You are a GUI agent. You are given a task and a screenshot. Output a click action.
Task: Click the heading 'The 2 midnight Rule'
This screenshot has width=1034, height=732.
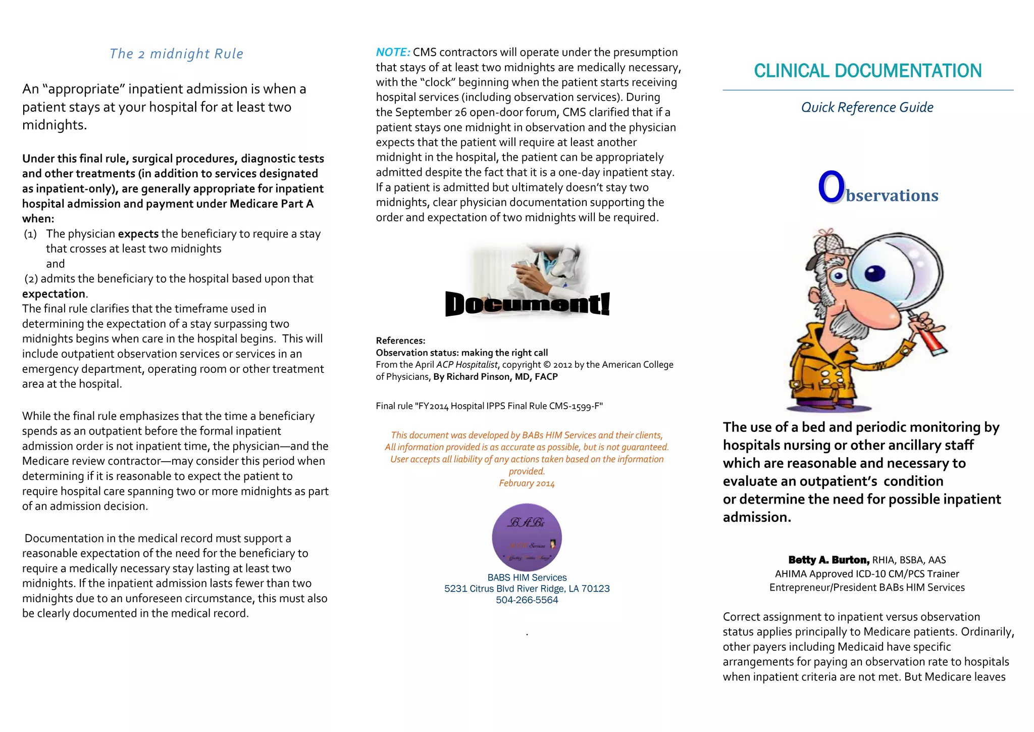tap(176, 54)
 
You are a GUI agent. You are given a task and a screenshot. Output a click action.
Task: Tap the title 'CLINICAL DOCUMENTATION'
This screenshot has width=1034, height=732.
tap(867, 71)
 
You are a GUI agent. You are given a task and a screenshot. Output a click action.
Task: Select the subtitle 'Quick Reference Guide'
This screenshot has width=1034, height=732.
tap(867, 107)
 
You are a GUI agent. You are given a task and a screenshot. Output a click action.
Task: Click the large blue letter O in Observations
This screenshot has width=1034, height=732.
tap(831, 187)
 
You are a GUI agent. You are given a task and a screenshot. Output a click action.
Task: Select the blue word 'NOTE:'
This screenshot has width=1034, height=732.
tap(393, 52)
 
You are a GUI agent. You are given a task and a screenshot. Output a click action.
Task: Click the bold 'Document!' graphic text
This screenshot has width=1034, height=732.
tap(527, 304)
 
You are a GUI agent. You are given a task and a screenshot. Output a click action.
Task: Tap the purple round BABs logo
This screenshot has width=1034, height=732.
tap(527, 538)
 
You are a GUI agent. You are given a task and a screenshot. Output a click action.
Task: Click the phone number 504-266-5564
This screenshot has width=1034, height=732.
tap(527, 600)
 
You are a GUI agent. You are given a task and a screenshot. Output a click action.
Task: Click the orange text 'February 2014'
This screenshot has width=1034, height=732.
tap(527, 483)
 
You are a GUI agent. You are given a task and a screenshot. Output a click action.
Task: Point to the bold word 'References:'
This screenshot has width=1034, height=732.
tap(400, 340)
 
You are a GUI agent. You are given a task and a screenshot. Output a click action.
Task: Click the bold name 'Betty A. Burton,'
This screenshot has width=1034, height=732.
tap(829, 560)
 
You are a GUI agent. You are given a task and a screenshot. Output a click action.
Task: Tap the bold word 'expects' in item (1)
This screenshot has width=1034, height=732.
tap(138, 234)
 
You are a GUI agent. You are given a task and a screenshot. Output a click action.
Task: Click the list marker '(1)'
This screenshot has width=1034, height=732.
tap(31, 234)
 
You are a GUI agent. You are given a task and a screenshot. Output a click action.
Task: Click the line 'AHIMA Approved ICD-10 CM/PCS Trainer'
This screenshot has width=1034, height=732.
tap(867, 574)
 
